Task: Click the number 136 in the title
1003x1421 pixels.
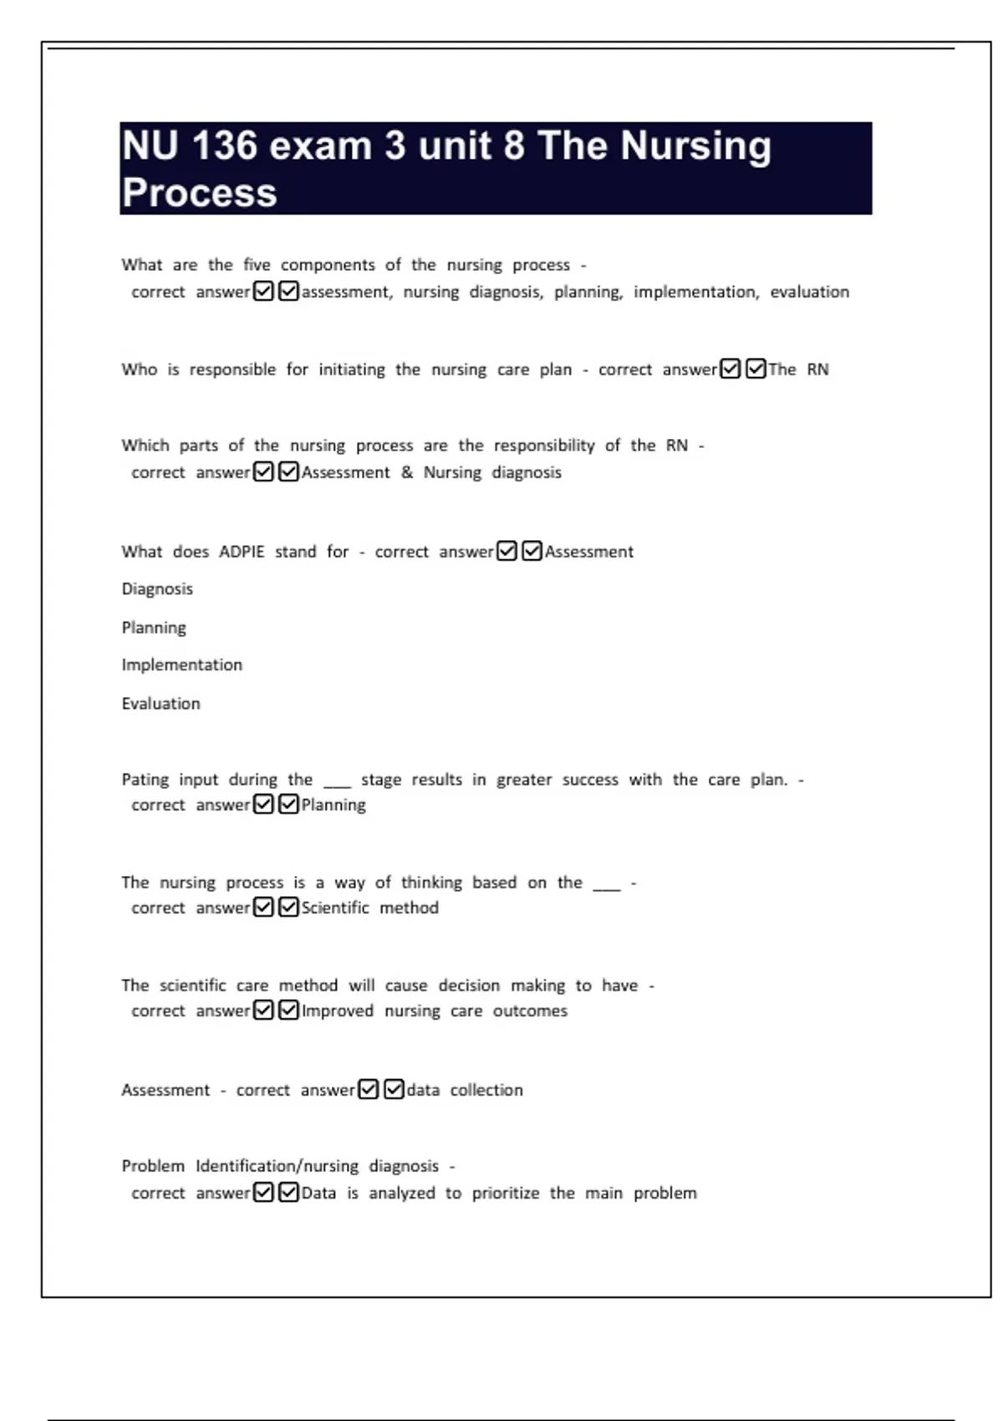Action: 224,145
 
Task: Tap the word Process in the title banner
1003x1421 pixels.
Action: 199,192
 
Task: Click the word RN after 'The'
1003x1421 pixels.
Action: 817,369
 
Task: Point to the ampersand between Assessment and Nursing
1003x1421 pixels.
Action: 407,472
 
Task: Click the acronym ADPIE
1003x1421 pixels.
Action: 242,552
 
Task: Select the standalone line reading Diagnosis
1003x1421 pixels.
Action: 157,588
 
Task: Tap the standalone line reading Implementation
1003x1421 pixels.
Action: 181,665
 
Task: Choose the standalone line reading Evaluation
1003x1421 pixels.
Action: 160,704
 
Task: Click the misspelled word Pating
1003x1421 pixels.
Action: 145,780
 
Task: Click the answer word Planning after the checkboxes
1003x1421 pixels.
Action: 333,805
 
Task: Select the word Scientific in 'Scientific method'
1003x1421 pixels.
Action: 334,908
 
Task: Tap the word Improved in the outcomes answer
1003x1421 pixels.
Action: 337,1011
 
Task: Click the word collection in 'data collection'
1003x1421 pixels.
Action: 486,1090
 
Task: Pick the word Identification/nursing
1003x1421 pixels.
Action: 277,1166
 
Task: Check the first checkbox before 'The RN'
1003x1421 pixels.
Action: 730,369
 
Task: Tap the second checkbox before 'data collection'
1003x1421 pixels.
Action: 394,1089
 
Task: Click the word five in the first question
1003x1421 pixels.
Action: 257,265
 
